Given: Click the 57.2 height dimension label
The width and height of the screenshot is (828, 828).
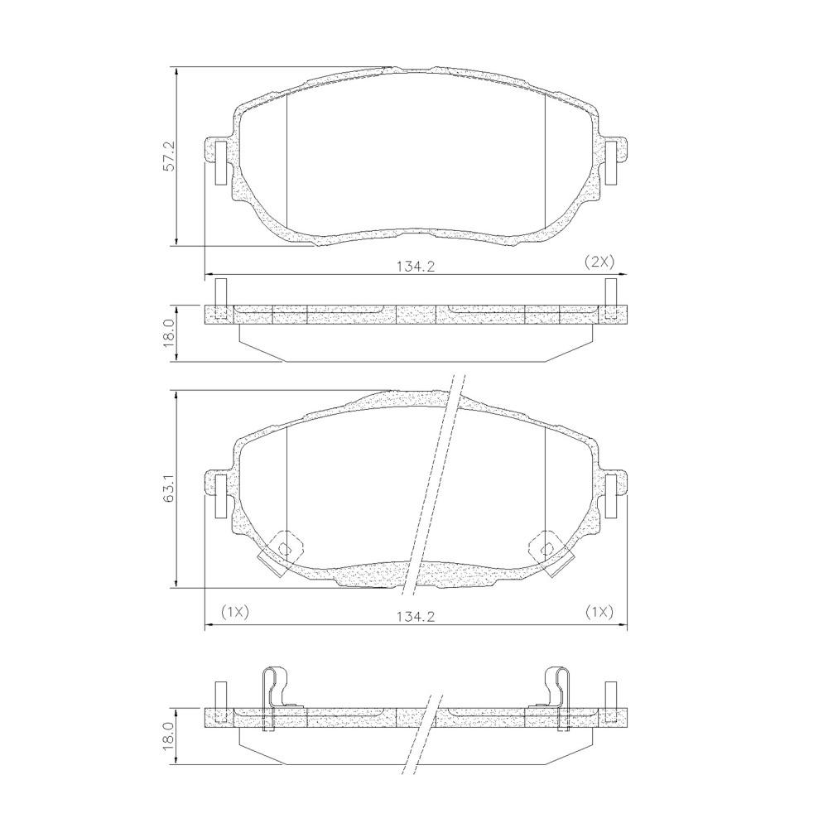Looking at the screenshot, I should (169, 156).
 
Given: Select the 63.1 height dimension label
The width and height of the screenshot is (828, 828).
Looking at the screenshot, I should (169, 489).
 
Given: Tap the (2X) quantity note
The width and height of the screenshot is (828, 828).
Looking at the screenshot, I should (599, 262).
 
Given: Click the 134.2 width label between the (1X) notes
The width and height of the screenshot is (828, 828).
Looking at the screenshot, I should (416, 616).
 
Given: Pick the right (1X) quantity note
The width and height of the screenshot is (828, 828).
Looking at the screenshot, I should (599, 612).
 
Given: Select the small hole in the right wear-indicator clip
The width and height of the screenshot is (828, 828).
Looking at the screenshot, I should (546, 547).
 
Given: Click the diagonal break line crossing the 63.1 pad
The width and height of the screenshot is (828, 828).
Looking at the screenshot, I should (432, 489).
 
